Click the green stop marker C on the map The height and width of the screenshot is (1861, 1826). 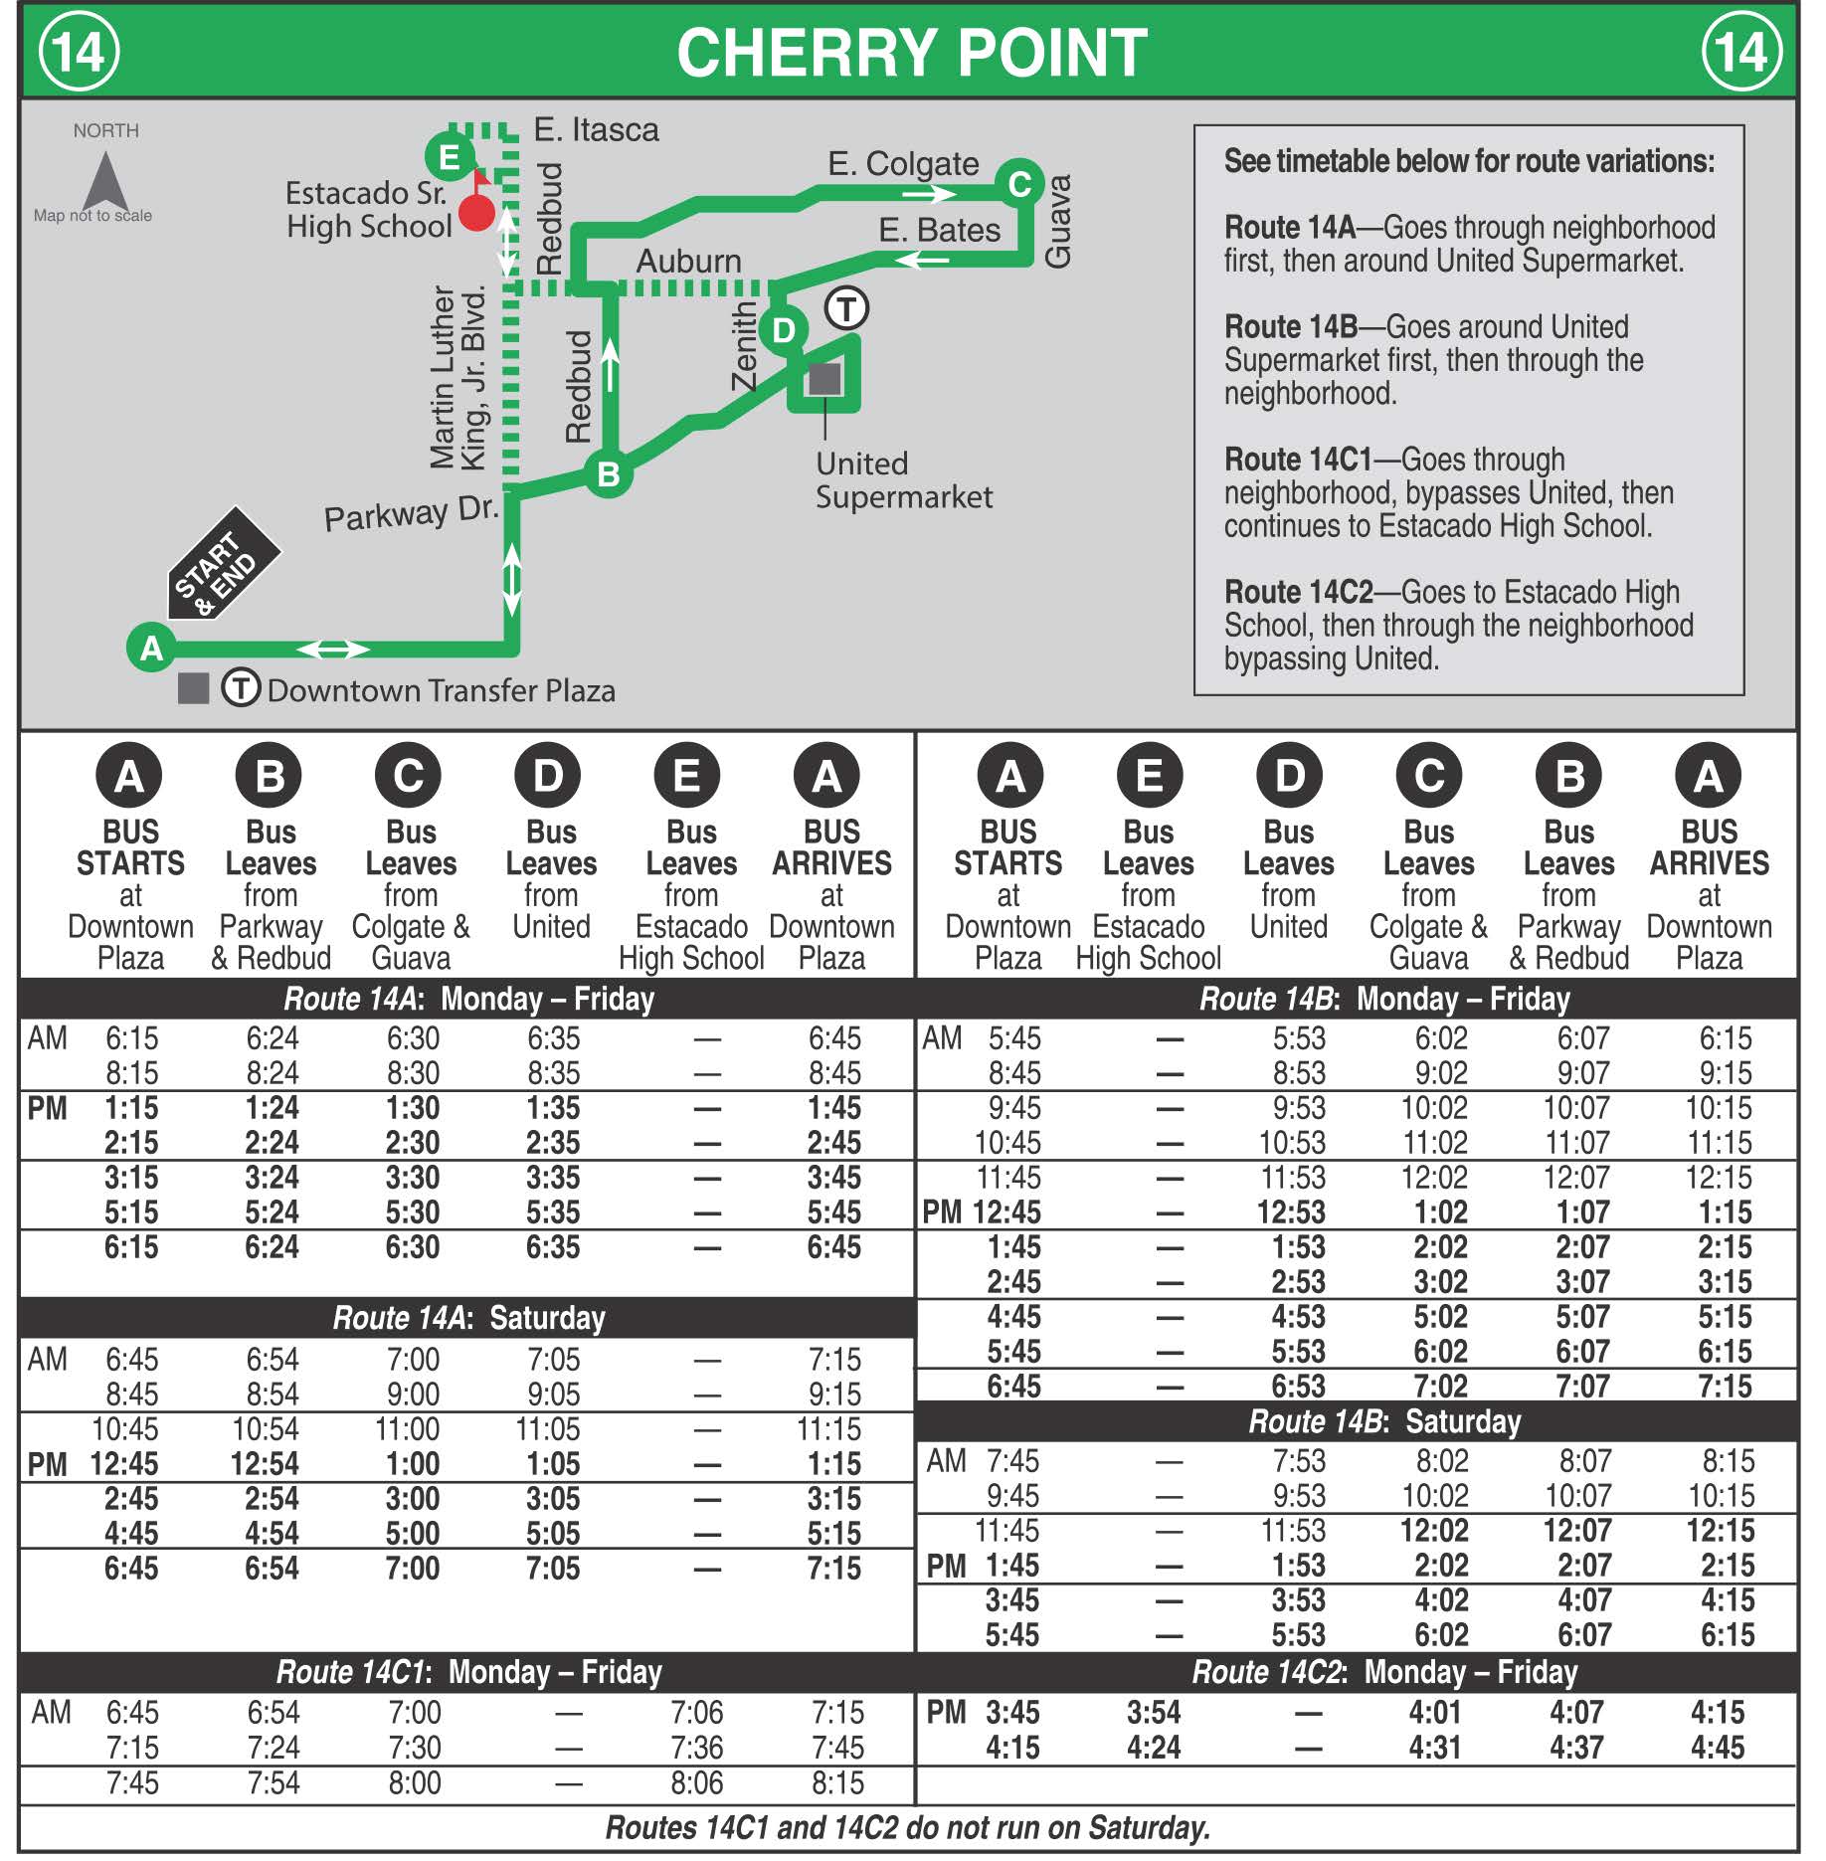[1018, 183]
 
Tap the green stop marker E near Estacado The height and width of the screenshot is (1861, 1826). [450, 157]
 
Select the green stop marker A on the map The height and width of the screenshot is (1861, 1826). [151, 648]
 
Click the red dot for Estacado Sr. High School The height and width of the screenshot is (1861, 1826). [477, 212]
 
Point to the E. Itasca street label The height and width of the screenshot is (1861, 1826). [596, 130]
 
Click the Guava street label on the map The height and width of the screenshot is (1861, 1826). [1058, 221]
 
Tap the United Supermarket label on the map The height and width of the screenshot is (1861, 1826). [903, 480]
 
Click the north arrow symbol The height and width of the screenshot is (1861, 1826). [105, 181]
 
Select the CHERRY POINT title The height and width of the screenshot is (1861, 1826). [911, 52]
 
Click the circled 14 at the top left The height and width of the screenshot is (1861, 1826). [79, 52]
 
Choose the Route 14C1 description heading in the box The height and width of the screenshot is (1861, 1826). [1297, 461]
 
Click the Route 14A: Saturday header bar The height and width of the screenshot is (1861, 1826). [467, 1318]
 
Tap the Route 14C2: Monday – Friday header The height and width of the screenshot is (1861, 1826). [1384, 1672]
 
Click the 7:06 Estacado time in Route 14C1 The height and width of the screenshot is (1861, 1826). [696, 1713]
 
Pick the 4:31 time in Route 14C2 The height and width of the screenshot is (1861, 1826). [1434, 1748]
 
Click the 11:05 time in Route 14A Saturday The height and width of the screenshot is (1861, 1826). [547, 1429]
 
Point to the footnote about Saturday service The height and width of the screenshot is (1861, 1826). [907, 1827]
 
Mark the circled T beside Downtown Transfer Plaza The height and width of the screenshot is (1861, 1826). [241, 687]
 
